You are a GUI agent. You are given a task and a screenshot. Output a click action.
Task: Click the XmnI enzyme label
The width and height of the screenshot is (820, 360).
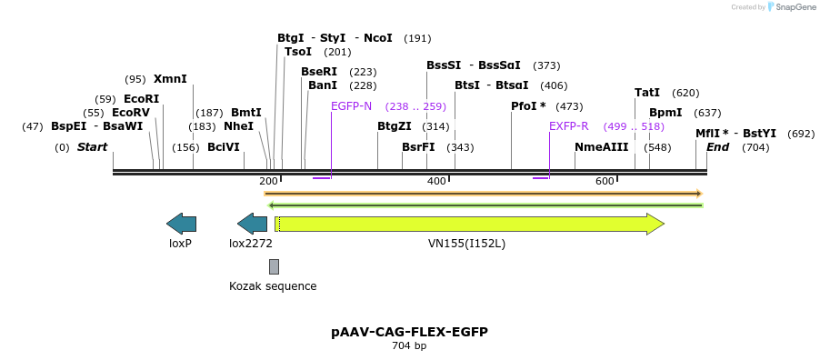(x=170, y=79)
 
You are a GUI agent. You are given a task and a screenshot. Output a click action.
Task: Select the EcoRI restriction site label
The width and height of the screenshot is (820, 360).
(x=141, y=99)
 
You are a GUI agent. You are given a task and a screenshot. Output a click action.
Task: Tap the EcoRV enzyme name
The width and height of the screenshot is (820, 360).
(x=130, y=113)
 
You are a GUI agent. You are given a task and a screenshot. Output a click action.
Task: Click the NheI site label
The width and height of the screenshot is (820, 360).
(x=238, y=126)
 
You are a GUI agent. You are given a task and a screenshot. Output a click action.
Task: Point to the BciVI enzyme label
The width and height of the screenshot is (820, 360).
(x=224, y=147)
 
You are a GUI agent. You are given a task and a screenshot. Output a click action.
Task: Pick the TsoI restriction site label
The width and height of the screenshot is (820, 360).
(x=298, y=52)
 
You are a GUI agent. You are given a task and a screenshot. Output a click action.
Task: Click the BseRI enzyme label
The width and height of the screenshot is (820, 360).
(x=319, y=72)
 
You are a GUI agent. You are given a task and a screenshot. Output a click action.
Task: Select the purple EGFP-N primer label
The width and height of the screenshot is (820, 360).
(x=351, y=106)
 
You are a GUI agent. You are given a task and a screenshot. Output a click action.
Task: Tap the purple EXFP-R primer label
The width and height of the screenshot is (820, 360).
(x=569, y=126)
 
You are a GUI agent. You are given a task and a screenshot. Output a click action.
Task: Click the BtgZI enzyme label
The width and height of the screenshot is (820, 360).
(x=395, y=126)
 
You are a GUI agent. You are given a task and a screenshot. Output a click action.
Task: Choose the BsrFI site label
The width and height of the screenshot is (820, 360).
(x=418, y=147)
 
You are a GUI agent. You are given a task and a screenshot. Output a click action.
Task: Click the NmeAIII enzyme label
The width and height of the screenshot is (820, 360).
(x=601, y=147)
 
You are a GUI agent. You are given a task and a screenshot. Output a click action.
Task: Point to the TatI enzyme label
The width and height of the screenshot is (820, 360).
(x=647, y=93)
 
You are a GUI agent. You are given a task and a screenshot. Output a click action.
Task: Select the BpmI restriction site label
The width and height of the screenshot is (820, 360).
(x=665, y=113)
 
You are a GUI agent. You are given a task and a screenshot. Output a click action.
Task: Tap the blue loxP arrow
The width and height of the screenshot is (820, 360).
(x=181, y=224)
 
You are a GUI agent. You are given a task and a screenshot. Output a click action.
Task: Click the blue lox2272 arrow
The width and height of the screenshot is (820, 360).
(x=252, y=224)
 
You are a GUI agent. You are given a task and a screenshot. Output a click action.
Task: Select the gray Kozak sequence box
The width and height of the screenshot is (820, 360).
(x=274, y=266)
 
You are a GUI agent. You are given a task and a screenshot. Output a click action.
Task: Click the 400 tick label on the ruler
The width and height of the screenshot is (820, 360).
(x=436, y=182)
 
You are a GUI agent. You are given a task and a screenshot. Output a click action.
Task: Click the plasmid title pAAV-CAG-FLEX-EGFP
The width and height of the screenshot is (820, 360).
(x=409, y=332)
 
